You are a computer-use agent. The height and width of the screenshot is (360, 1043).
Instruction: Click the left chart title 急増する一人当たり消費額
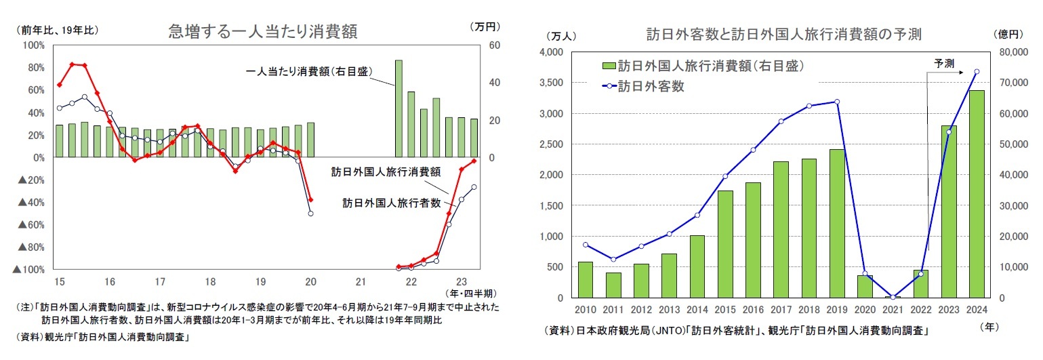pyautogui.click(x=263, y=31)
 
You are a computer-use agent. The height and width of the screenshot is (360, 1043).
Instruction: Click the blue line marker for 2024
pyautogui.click(x=977, y=71)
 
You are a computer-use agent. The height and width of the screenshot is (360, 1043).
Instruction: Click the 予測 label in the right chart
pyautogui.click(x=944, y=63)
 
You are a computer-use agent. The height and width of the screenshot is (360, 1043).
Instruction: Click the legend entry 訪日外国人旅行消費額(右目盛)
pyautogui.click(x=702, y=66)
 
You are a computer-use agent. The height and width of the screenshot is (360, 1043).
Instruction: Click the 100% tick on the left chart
pyautogui.click(x=34, y=45)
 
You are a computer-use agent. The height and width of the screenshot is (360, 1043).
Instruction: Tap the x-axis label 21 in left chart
pyautogui.click(x=361, y=281)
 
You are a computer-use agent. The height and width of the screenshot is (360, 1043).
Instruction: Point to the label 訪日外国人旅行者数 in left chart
pyautogui.click(x=391, y=202)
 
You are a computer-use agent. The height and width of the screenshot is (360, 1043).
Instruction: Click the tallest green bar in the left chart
pyautogui.click(x=398, y=108)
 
